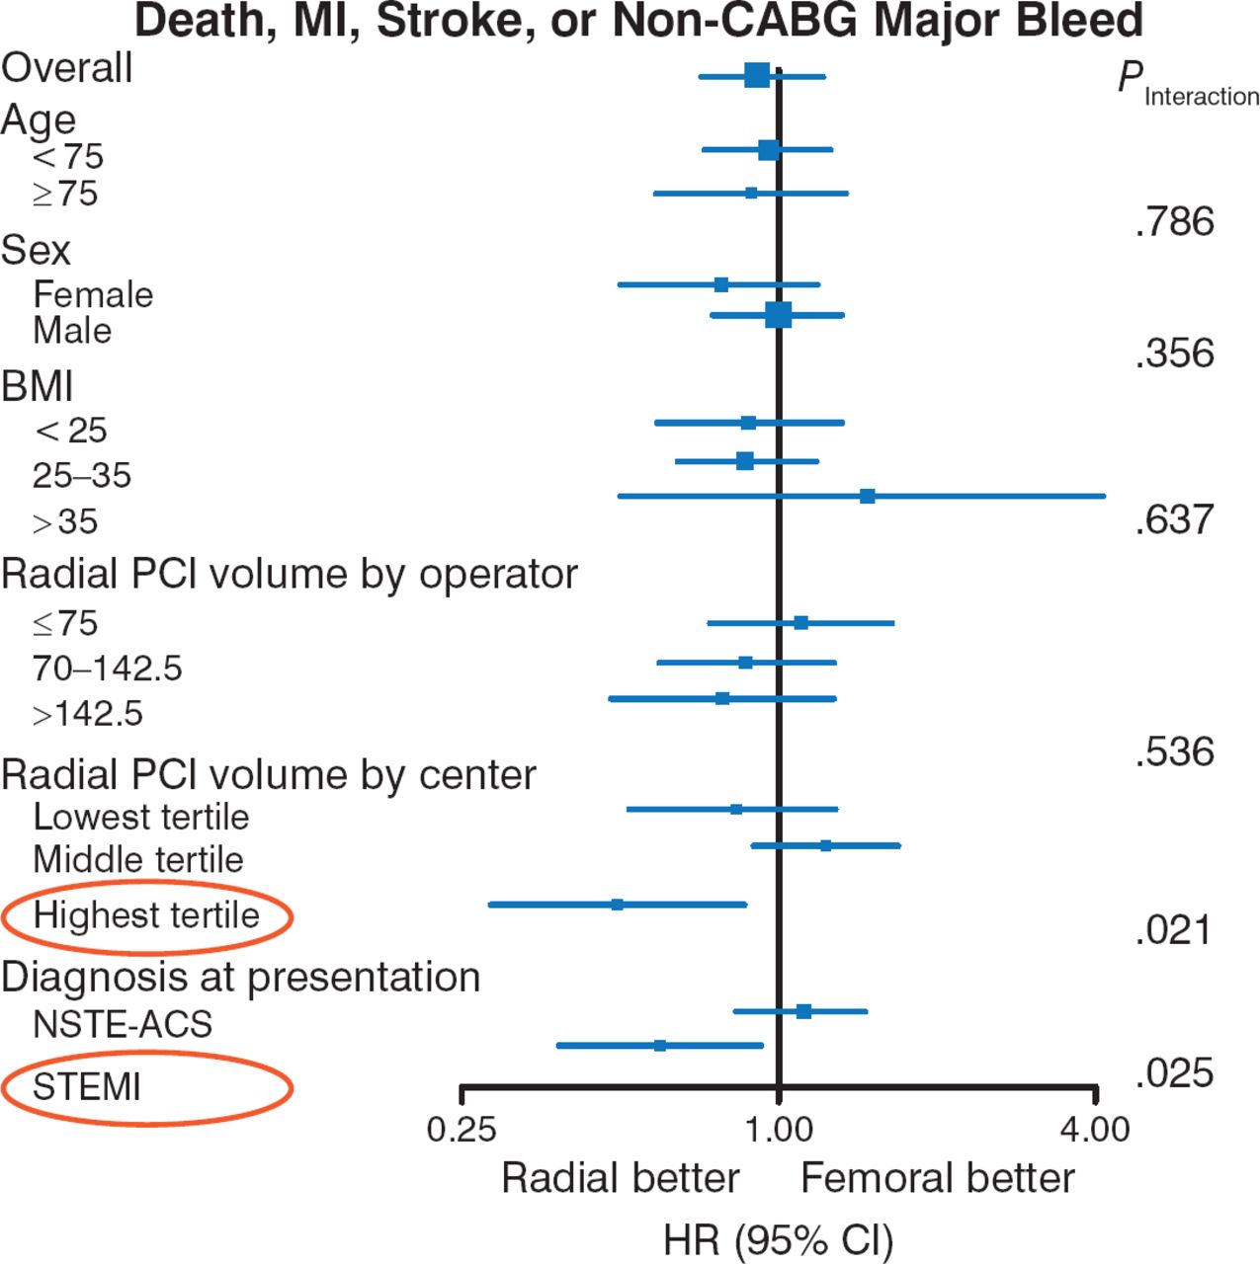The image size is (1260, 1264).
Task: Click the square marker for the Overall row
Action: click(757, 75)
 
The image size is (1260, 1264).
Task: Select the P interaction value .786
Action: click(1174, 222)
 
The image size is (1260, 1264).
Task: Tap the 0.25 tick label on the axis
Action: click(462, 1129)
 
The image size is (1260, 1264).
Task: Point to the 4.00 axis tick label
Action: click(1095, 1129)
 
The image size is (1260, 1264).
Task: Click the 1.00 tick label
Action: click(779, 1129)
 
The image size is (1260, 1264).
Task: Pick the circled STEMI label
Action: click(87, 1087)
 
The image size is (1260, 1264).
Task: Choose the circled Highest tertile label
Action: click(146, 915)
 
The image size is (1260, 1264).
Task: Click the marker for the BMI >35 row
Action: click(867, 496)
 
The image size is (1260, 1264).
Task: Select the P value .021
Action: click(1173, 930)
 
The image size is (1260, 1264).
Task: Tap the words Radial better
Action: click(620, 1178)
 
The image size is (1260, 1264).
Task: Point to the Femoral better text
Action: click(937, 1178)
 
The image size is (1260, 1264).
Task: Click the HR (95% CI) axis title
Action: click(778, 1240)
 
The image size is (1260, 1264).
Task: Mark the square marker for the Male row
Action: click(778, 315)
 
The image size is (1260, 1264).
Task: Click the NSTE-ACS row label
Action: click(123, 1024)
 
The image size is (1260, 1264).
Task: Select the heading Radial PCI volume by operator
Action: click(290, 574)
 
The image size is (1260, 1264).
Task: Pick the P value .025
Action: click(1174, 1073)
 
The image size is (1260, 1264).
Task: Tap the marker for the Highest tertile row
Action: click(617, 904)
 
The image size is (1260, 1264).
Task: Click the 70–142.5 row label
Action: click(108, 669)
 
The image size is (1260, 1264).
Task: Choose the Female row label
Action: click(93, 294)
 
